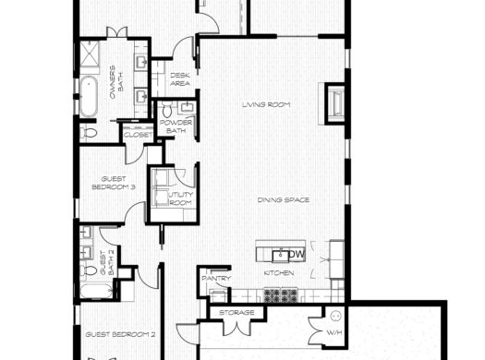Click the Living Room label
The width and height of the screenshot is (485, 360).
pos(266,104)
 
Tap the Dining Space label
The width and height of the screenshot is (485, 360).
pos(284,200)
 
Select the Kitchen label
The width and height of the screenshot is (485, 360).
pos(279,273)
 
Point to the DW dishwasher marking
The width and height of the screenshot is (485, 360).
pos(297,255)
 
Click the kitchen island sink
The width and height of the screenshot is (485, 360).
pos(280,256)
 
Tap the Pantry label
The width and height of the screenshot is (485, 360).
pos(216,279)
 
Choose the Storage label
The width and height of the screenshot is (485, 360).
pos(236,313)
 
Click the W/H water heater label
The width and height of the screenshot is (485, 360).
pos(334,333)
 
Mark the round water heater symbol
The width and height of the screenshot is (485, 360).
pos(335,316)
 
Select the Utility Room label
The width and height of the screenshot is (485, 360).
pos(181,198)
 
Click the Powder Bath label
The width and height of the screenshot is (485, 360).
pos(176,126)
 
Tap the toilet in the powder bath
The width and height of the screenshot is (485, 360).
pos(167,110)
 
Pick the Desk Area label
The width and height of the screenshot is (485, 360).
pos(180,79)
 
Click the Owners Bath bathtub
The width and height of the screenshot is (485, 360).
pos(89,96)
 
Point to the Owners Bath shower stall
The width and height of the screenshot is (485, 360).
pos(90,54)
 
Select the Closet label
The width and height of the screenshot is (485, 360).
pos(138,135)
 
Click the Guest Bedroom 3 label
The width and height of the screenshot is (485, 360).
pos(114,183)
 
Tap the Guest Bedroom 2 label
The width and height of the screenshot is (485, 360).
pos(120,335)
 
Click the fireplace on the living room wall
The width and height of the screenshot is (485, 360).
pos(334,103)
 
